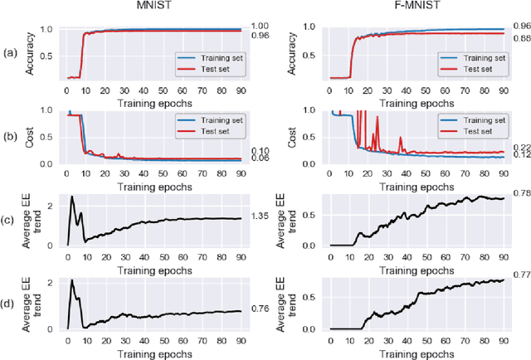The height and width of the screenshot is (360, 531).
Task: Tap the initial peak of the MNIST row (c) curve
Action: (x=72, y=197)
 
